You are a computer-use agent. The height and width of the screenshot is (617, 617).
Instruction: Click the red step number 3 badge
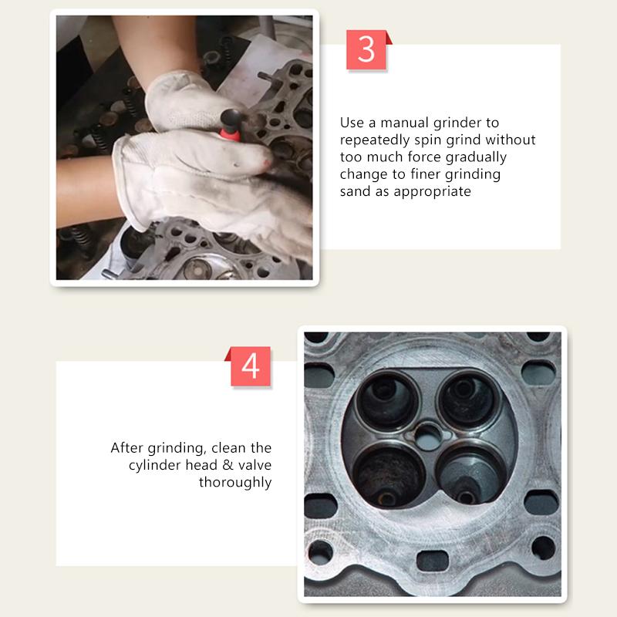click(366, 50)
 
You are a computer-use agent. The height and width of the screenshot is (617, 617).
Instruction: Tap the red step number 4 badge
click(251, 366)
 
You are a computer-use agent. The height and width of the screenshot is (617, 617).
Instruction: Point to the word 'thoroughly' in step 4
click(235, 483)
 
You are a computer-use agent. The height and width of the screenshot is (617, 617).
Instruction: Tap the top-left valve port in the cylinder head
click(387, 397)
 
